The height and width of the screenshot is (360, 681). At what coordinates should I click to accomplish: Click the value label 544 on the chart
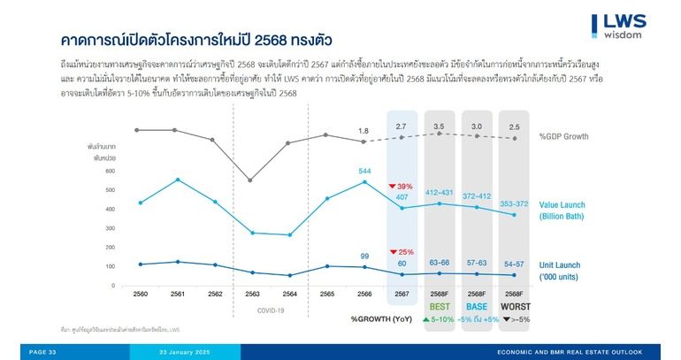pos(364,171)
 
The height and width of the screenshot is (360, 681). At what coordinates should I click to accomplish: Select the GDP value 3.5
pos(440,127)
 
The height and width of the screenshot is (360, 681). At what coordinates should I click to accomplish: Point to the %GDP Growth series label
pos(563,137)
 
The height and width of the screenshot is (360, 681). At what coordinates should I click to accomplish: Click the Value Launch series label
pos(562,210)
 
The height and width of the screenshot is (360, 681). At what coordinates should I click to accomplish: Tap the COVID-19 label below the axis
pos(270,310)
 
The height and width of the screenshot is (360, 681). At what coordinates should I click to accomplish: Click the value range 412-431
pos(440,193)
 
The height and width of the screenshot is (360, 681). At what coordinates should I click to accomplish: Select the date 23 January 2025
pos(183,352)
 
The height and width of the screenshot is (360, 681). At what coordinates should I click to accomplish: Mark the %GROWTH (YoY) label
pos(379,318)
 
